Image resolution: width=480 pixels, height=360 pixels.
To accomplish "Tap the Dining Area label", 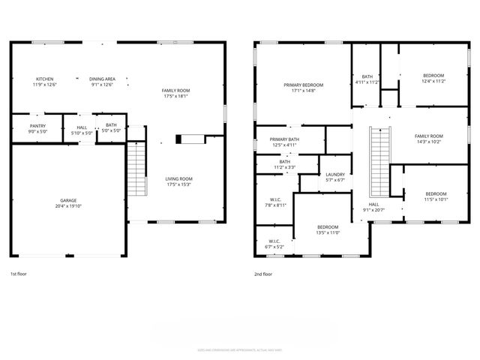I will coord(102,79).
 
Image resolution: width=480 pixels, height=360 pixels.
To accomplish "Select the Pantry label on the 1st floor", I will coord(38,125).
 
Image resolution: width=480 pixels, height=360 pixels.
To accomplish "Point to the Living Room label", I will coord(179,178).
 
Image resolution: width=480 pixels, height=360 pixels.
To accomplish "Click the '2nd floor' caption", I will coord(263,274).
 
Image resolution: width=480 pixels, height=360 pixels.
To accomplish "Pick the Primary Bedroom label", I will coord(303,85).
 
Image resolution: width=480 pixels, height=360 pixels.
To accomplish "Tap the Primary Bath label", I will coord(285,139).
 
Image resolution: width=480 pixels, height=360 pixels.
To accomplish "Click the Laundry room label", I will coord(334,174).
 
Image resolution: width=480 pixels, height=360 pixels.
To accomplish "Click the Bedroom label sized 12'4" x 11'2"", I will coord(433,76).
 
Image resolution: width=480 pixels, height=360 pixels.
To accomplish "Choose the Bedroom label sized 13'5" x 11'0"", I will coord(328,227).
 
